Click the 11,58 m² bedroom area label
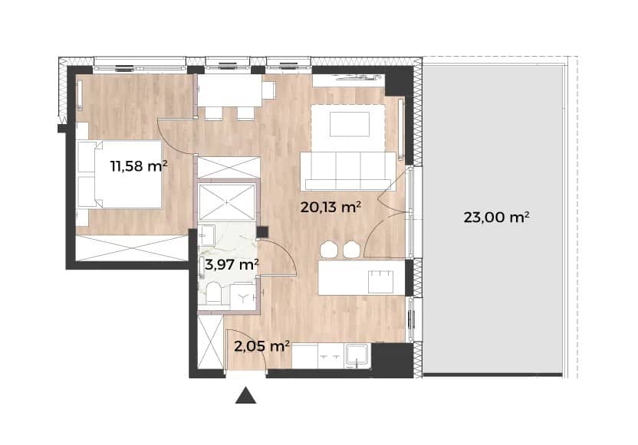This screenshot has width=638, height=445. click(x=139, y=165)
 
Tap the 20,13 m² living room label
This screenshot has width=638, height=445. click(x=331, y=208)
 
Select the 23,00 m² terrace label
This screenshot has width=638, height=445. click(x=496, y=217)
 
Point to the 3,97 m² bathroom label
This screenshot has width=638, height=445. click(x=232, y=265)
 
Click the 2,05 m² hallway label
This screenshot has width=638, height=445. click(x=262, y=346)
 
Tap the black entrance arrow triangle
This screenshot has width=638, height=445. click(x=245, y=395)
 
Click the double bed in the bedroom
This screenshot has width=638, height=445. click(x=120, y=175)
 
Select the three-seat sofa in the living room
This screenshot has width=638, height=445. click(x=347, y=171)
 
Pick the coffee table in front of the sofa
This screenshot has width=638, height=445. click(x=350, y=124)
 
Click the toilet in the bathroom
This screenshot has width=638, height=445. click(x=213, y=293)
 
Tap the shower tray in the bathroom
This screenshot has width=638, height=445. click(x=227, y=202)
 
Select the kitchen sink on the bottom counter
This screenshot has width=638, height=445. click(x=357, y=355)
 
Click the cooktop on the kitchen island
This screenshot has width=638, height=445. click(x=380, y=282)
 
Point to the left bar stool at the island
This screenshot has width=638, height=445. click(x=328, y=250)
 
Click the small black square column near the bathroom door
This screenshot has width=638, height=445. click(x=262, y=232)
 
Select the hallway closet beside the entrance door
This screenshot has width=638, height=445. click(x=210, y=342)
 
